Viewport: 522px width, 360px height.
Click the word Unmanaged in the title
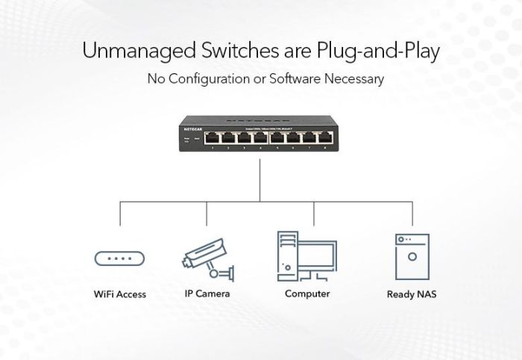[x=139, y=52]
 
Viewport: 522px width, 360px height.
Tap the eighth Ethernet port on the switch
[x=326, y=137]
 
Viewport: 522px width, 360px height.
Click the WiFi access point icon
[x=119, y=258]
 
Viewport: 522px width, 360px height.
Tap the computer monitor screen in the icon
[x=317, y=252]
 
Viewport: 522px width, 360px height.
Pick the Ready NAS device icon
[x=412, y=256]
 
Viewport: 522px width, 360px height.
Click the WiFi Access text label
[x=119, y=294]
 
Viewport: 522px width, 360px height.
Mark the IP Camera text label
[x=207, y=294]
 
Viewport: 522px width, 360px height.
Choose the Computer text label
[x=307, y=294]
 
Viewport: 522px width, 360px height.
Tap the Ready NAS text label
[x=412, y=294]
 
